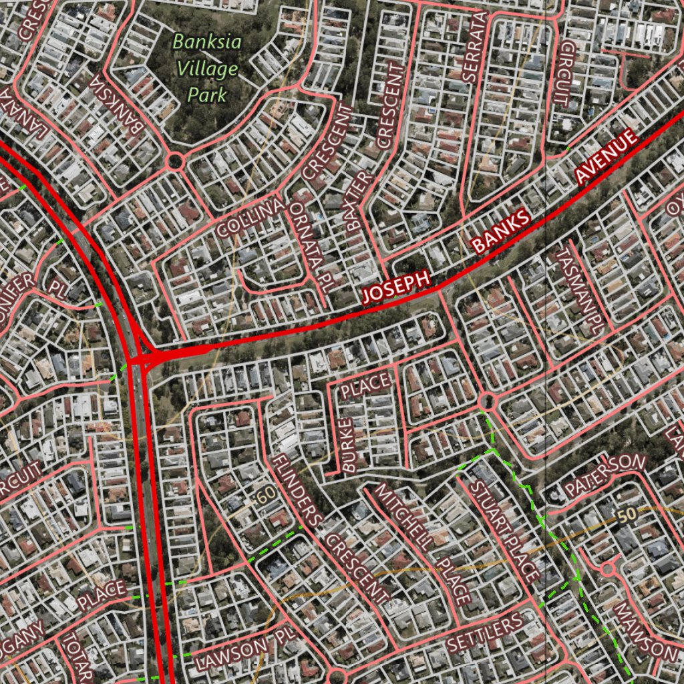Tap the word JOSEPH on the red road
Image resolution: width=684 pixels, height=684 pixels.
(x=395, y=289)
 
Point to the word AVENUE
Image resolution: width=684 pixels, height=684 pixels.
(x=607, y=158)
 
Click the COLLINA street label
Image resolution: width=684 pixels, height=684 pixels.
(x=250, y=218)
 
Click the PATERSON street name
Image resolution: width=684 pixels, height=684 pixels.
(x=605, y=475)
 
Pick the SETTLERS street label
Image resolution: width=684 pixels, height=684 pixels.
(x=485, y=633)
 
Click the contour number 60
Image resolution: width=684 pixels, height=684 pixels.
(x=265, y=496)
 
